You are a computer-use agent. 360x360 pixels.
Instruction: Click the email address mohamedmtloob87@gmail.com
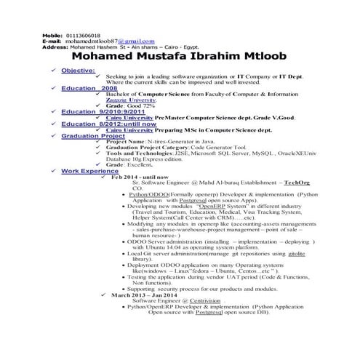tap(106, 41)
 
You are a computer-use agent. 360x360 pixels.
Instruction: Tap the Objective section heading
tap(78, 71)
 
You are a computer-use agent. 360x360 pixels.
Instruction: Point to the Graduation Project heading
tap(93, 136)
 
